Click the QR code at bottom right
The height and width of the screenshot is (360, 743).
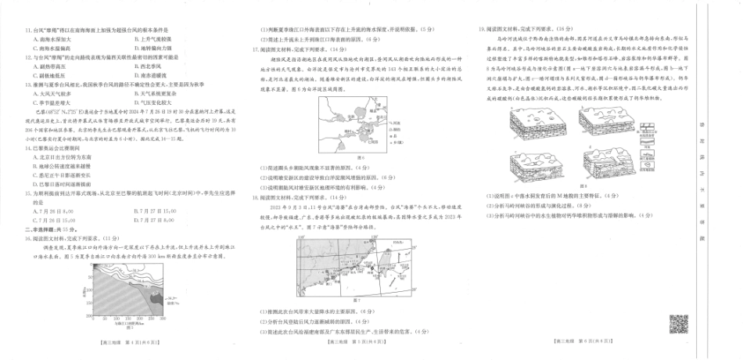coord(677,322)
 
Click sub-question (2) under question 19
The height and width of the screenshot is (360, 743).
coord(536,203)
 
